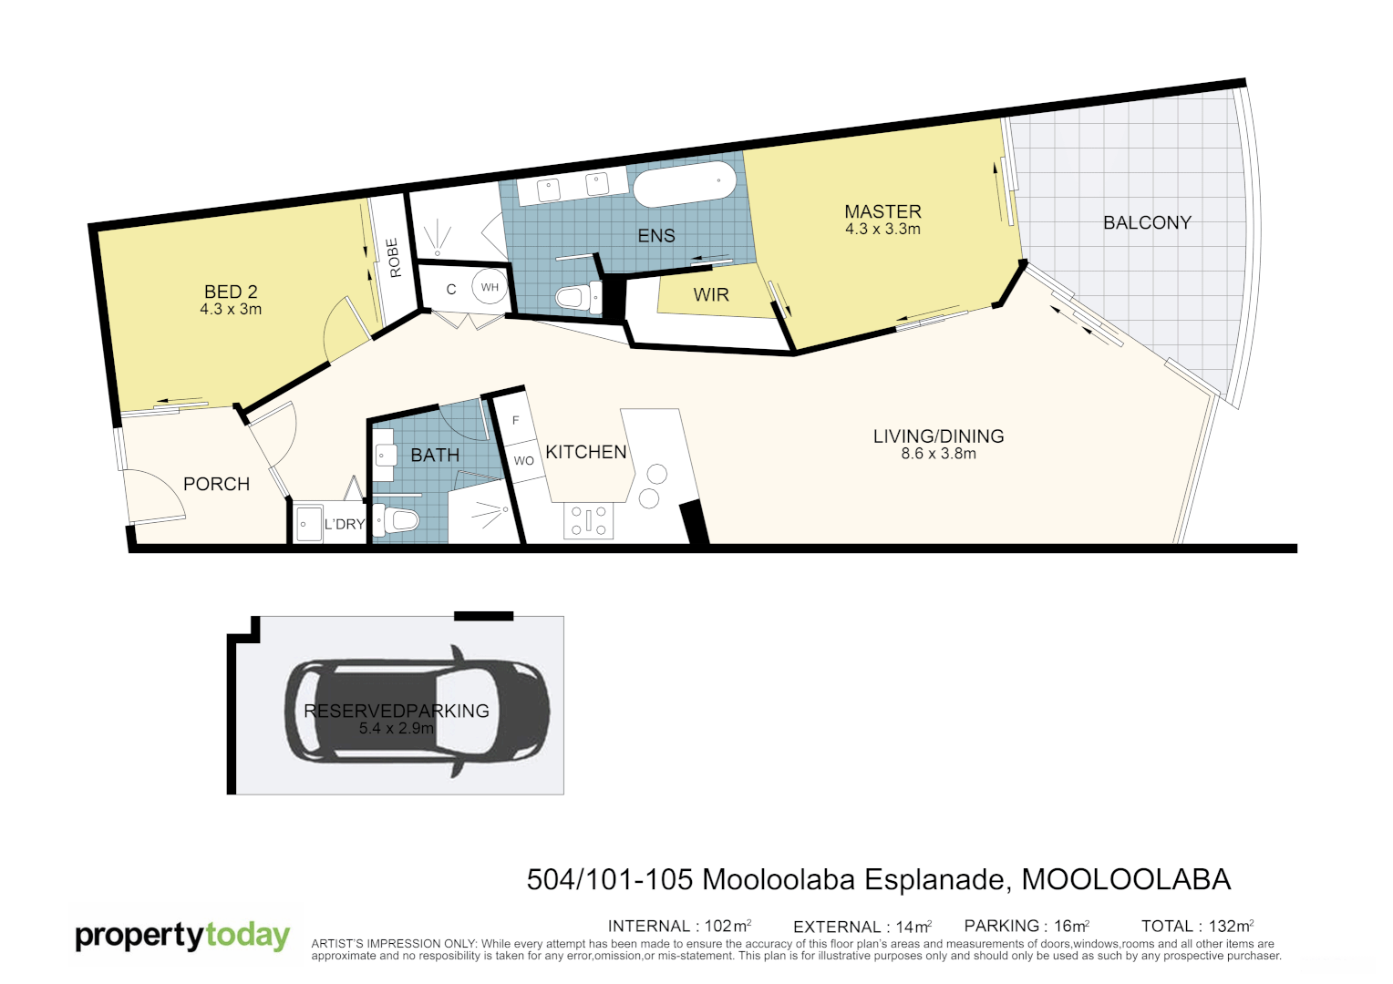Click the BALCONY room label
(x=1147, y=223)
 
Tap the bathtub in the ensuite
(x=684, y=185)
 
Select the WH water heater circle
(x=490, y=287)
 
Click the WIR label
(x=711, y=295)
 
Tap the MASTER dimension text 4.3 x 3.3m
(x=882, y=230)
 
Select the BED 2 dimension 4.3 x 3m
(x=231, y=310)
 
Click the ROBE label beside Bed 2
(x=394, y=258)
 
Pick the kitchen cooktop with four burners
(x=589, y=521)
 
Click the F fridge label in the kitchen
(x=516, y=421)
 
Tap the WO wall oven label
(x=523, y=461)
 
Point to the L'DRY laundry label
(x=345, y=525)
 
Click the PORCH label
(x=216, y=485)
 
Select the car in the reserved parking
(x=418, y=711)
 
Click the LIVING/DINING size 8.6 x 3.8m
(x=938, y=454)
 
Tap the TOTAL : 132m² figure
(x=1197, y=927)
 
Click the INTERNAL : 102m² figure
(x=679, y=927)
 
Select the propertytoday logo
(x=182, y=936)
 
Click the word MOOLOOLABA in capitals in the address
(x=1126, y=879)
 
